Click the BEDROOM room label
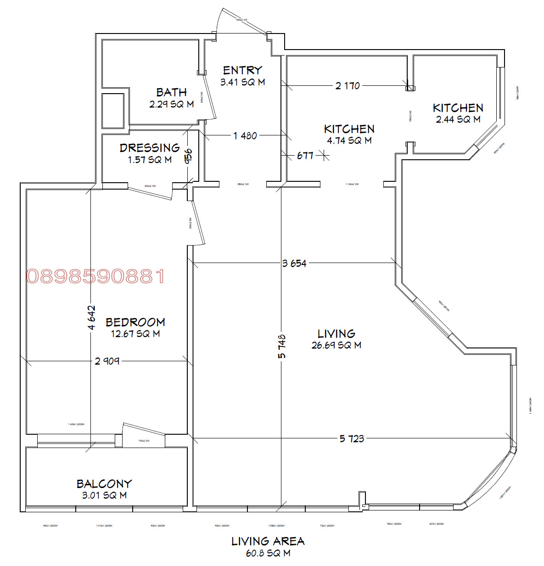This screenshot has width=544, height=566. pyautogui.click(x=135, y=322)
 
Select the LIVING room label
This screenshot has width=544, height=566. pyautogui.click(x=336, y=334)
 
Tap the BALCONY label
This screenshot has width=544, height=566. pyautogui.click(x=104, y=484)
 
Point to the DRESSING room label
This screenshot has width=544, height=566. pyautogui.click(x=150, y=148)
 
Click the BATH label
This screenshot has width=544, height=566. pyautogui.click(x=171, y=92)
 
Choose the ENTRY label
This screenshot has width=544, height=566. pyautogui.click(x=242, y=70)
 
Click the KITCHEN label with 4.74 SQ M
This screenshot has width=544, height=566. pyautogui.click(x=349, y=129)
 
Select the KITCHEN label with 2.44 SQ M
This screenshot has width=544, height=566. pyautogui.click(x=458, y=108)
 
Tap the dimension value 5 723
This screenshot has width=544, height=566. pyautogui.click(x=352, y=439)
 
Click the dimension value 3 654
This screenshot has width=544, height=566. pyautogui.click(x=294, y=263)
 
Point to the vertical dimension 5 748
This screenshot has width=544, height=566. pyautogui.click(x=281, y=347)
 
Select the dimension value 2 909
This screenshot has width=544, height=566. pyautogui.click(x=107, y=361)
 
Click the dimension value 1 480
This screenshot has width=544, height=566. pyautogui.click(x=245, y=136)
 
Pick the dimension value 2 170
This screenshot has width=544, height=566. pyautogui.click(x=348, y=86)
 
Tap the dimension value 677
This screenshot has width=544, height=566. pyautogui.click(x=305, y=156)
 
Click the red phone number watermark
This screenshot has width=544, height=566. pyautogui.click(x=95, y=276)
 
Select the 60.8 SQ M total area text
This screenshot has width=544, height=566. pyautogui.click(x=268, y=553)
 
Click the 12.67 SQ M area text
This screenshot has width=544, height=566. pyautogui.click(x=135, y=334)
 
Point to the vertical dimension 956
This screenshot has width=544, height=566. pyautogui.click(x=188, y=156)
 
